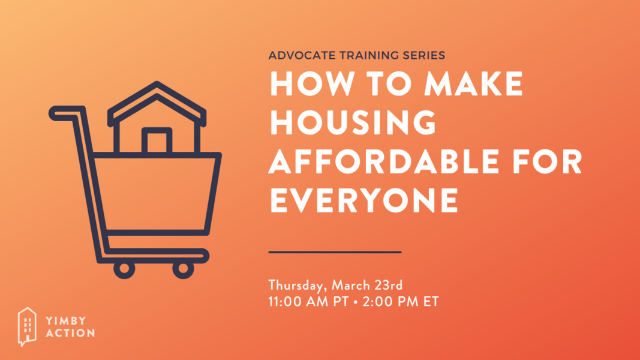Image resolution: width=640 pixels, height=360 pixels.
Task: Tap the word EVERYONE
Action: (x=364, y=201)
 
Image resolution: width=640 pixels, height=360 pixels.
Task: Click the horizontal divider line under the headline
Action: (x=335, y=252)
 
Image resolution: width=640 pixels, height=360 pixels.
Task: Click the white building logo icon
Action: (x=27, y=326)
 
